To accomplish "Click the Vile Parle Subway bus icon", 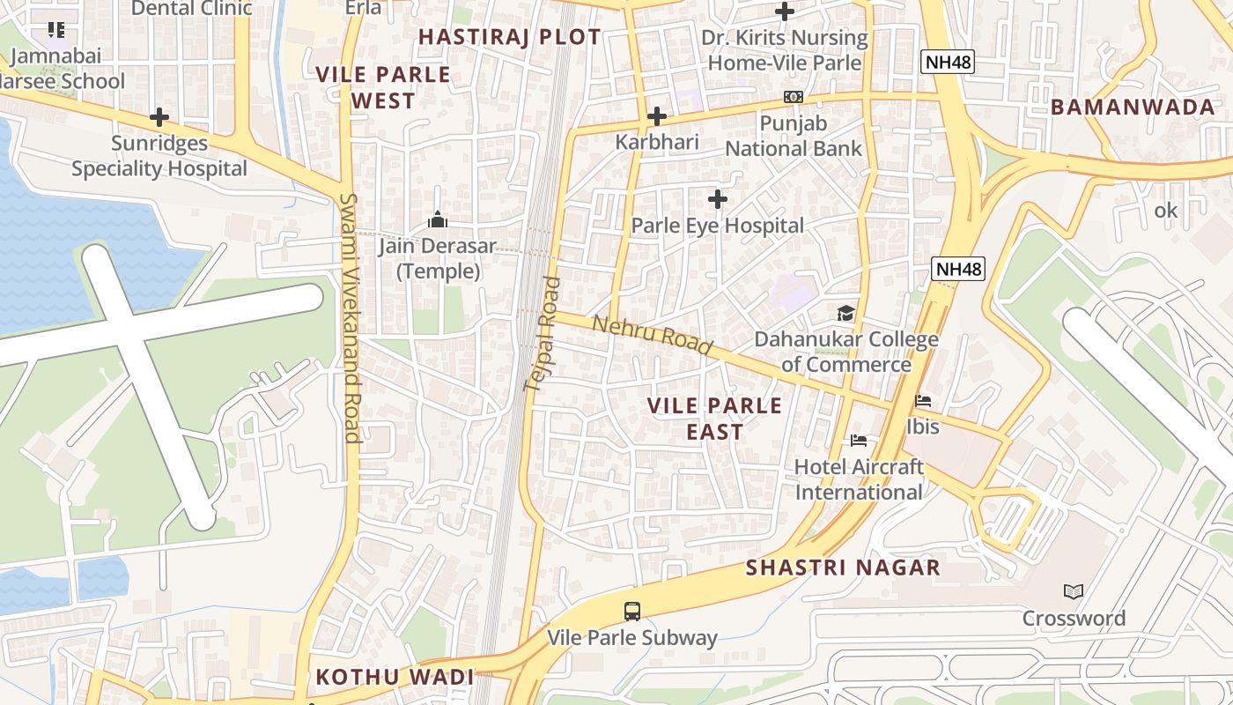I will [x=631, y=611].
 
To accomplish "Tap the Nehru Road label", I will [x=652, y=336].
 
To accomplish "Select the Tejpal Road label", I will [x=543, y=334].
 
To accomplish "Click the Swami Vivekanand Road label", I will [x=351, y=317].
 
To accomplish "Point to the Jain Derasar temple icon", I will [x=437, y=219].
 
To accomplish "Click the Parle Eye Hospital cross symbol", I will [x=718, y=199].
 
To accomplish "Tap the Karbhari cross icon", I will [x=656, y=116].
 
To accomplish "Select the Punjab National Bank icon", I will [x=794, y=97].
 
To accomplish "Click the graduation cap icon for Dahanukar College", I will [x=845, y=313].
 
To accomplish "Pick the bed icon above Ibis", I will [x=923, y=401].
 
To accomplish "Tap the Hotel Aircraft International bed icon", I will [x=859, y=441].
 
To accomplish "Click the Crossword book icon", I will [x=1073, y=591].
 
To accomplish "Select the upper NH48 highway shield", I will [x=948, y=62].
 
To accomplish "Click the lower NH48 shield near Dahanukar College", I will [x=958, y=269].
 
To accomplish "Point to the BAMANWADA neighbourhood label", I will [x=1133, y=108].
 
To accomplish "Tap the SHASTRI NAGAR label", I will [x=843, y=568].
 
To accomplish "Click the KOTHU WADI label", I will [x=395, y=677].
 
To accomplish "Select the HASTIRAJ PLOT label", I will [x=509, y=37].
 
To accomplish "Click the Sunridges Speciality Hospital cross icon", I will [x=159, y=116].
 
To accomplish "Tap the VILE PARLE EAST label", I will [x=714, y=419].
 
